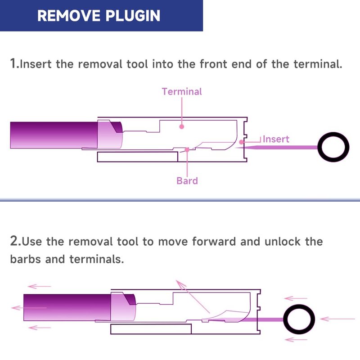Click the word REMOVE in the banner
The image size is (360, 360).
click(69, 16)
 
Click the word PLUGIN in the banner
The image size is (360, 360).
click(133, 16)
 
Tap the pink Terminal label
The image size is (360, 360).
click(182, 92)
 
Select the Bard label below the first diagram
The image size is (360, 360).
click(187, 181)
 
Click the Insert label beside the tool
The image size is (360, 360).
click(276, 139)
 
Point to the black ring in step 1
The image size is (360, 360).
click(333, 133)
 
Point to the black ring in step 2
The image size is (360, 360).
click(299, 305)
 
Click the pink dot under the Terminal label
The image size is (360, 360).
click(182, 126)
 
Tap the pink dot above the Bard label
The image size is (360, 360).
click(187, 150)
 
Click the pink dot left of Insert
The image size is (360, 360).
click(241, 142)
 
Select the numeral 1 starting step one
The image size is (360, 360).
click(13, 63)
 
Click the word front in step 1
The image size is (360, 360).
click(213, 64)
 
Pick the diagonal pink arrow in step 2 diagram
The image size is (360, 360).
click(193, 297)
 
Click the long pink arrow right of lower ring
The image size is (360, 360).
click(337, 319)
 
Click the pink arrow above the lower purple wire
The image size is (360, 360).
click(39, 286)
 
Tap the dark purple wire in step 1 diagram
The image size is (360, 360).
click(54, 135)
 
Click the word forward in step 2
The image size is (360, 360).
click(214, 241)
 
